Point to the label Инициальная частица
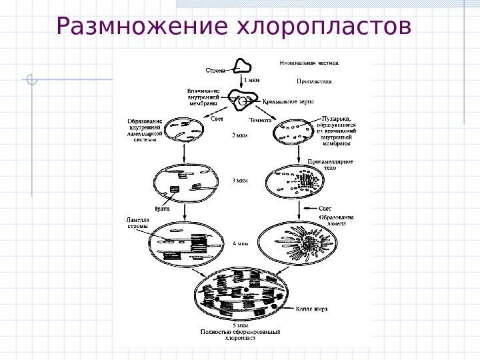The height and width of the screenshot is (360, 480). pyautogui.click(x=309, y=63)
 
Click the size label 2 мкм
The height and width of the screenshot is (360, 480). pyautogui.click(x=239, y=135)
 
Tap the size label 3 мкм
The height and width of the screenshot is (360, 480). pyautogui.click(x=239, y=180)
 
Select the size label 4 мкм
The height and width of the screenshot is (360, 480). pyautogui.click(x=240, y=244)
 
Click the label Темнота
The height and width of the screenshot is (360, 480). pyautogui.click(x=260, y=121)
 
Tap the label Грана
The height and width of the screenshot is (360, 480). pyautogui.click(x=162, y=209)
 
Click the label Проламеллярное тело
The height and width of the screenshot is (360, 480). pyautogui.click(x=331, y=165)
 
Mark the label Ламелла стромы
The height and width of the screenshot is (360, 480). pyautogui.click(x=138, y=223)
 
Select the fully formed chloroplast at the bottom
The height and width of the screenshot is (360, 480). pyautogui.click(x=241, y=293)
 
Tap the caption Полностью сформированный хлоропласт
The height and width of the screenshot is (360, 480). pyautogui.click(x=240, y=335)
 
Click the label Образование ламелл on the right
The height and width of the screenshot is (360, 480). pyautogui.click(x=335, y=221)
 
